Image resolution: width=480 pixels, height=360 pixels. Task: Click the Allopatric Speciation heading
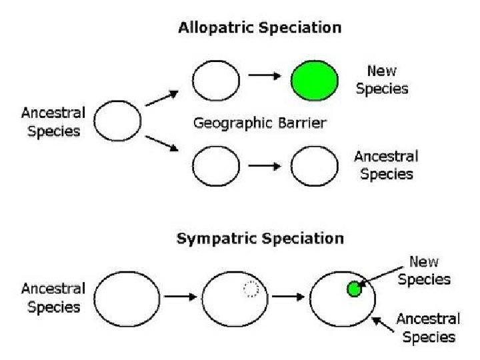click(x=259, y=28)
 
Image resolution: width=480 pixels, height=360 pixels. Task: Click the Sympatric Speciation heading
click(x=260, y=239)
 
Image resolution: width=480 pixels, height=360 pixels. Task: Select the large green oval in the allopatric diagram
click(x=315, y=80)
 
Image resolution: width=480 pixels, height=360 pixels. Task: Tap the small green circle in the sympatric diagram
click(x=354, y=289)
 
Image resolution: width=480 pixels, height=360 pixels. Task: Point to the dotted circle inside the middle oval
click(x=251, y=289)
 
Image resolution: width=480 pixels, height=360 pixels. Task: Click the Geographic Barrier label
click(x=259, y=123)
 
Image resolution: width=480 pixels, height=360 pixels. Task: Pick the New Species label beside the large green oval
click(x=382, y=80)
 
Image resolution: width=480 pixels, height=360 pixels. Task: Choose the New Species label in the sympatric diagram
click(x=423, y=270)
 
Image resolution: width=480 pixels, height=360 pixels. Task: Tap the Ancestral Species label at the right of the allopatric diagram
click(x=386, y=165)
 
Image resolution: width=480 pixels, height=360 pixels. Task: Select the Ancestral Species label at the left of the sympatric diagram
click(x=53, y=298)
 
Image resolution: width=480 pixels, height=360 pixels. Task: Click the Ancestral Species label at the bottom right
click(x=428, y=328)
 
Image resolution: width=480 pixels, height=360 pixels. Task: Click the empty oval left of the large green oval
click(x=215, y=80)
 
